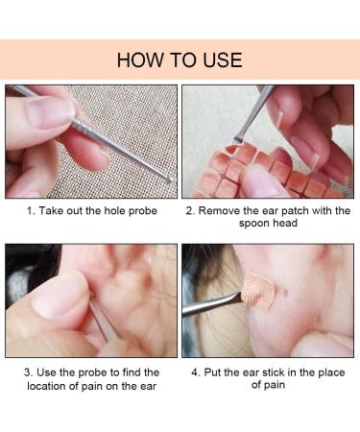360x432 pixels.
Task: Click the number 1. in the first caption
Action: tap(31, 211)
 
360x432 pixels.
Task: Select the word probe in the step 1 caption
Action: tap(143, 211)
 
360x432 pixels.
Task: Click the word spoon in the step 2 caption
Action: tap(252, 224)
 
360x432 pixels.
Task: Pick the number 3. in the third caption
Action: tap(29, 372)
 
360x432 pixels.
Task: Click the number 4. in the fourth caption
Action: tap(196, 372)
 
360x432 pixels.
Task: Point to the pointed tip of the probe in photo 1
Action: tap(171, 180)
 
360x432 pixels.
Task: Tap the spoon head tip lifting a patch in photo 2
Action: tap(237, 140)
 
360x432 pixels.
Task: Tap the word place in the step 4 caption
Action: tap(331, 373)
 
